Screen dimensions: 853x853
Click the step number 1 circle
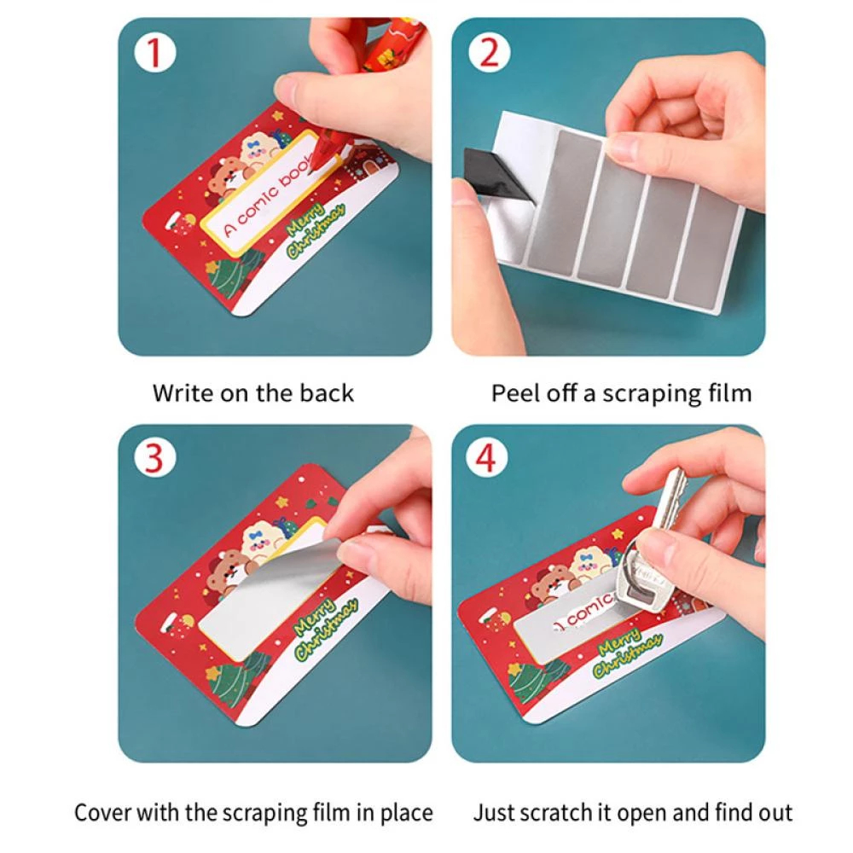[155, 53]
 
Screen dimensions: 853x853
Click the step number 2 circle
[489, 53]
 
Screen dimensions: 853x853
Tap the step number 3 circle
[155, 457]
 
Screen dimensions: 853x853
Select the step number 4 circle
[487, 457]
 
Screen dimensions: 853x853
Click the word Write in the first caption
[183, 392]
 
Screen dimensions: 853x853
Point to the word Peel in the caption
[515, 392]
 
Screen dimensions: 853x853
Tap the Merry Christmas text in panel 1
[316, 229]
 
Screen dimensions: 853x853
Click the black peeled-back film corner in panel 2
[496, 174]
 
